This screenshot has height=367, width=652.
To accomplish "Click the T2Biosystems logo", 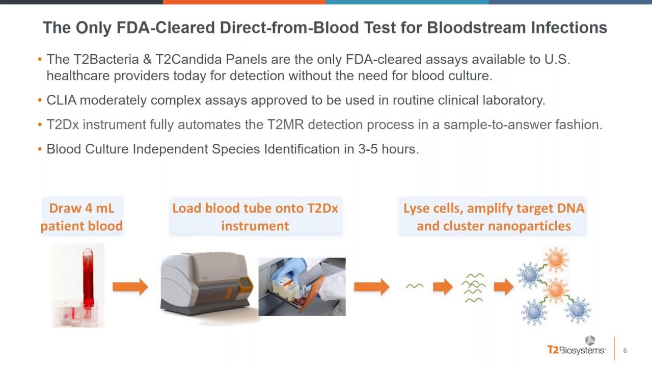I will point(576,347).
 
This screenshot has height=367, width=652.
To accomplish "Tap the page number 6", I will point(625,351).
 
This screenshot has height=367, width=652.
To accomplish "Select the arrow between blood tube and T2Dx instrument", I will point(130,287).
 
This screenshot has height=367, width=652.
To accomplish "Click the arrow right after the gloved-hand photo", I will point(371,287).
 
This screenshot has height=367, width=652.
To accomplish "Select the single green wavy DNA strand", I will point(414,286).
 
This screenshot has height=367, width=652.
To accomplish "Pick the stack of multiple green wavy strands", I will point(474,287).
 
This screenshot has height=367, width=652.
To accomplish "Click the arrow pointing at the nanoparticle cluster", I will point(503,287).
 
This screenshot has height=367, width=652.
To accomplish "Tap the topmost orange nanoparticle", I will point(555,259).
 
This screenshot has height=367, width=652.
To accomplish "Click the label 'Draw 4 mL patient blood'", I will point(81,217).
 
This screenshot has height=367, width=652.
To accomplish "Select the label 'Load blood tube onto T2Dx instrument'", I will point(255,217).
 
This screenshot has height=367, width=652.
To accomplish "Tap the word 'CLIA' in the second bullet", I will point(61,100).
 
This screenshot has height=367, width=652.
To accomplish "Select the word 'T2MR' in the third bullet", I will point(286,125).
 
